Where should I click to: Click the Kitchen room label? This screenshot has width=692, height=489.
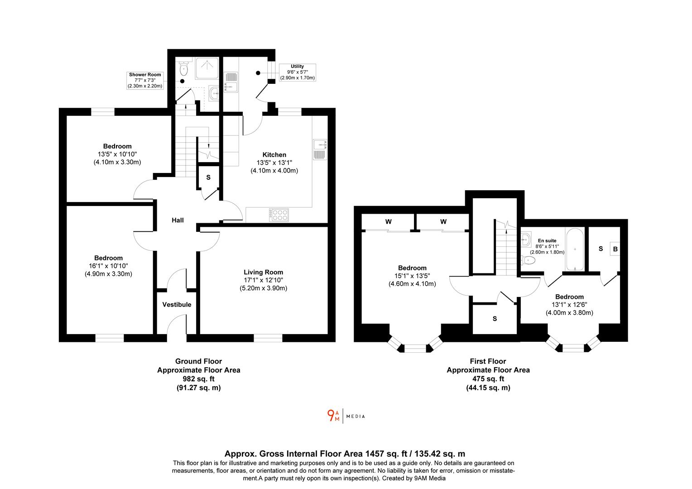click(x=274, y=155)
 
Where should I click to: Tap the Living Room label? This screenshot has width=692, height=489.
click(x=263, y=272)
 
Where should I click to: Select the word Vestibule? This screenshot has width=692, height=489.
click(x=177, y=305)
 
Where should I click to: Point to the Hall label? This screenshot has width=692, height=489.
click(x=178, y=220)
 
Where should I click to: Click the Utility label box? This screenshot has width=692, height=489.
click(x=297, y=72)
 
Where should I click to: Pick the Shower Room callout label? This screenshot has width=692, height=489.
click(x=145, y=80)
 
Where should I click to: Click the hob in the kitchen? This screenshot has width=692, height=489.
click(x=279, y=215)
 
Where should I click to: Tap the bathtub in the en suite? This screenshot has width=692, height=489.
click(x=575, y=249)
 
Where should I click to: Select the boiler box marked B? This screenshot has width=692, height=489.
click(x=615, y=249)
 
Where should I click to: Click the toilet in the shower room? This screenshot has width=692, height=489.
click(x=184, y=69)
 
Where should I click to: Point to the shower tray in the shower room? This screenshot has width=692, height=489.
click(x=207, y=68)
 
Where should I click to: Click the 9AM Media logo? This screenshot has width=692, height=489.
click(x=346, y=416)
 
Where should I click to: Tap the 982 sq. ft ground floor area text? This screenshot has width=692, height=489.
click(x=199, y=379)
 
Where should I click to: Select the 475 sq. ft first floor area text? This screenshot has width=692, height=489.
click(x=488, y=379)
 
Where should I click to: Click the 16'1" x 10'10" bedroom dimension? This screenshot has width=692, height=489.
click(x=108, y=266)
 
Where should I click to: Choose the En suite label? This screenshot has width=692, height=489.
click(x=547, y=240)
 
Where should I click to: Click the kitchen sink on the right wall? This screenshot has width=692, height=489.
click(x=320, y=149)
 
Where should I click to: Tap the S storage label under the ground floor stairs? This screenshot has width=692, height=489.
click(x=208, y=177)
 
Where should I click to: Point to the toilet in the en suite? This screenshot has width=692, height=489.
click(x=528, y=260)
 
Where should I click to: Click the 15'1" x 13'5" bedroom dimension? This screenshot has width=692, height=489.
click(x=412, y=276)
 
